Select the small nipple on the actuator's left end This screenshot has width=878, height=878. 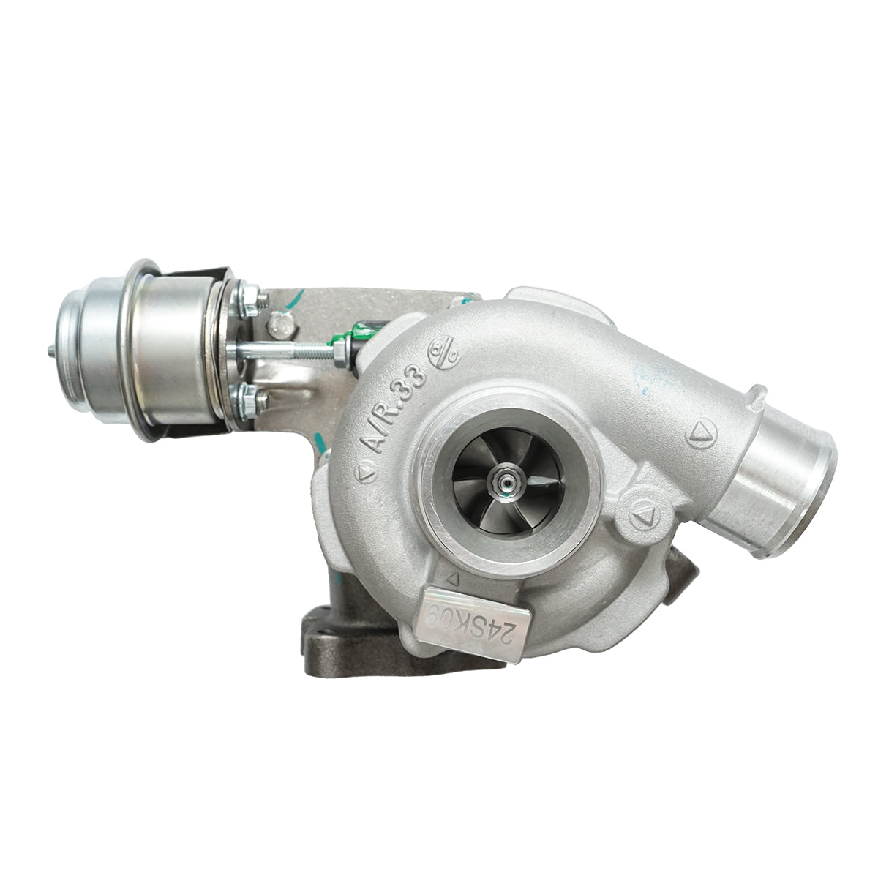pyautogui.click(x=51, y=350)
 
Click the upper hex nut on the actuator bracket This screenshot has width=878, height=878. pyautogui.click(x=247, y=296)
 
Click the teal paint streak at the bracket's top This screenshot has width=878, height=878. pyautogui.click(x=295, y=299)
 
